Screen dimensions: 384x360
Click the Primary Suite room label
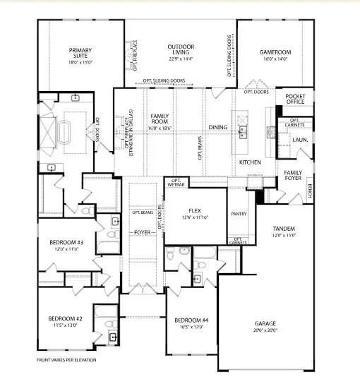point(80,54)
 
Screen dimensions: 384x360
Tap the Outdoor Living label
point(180,51)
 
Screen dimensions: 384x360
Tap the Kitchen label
point(250,162)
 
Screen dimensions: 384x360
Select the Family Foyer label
point(294,175)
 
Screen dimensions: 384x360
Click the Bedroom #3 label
point(66,243)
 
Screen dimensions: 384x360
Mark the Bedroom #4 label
point(191,321)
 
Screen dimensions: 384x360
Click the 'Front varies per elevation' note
point(66,360)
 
